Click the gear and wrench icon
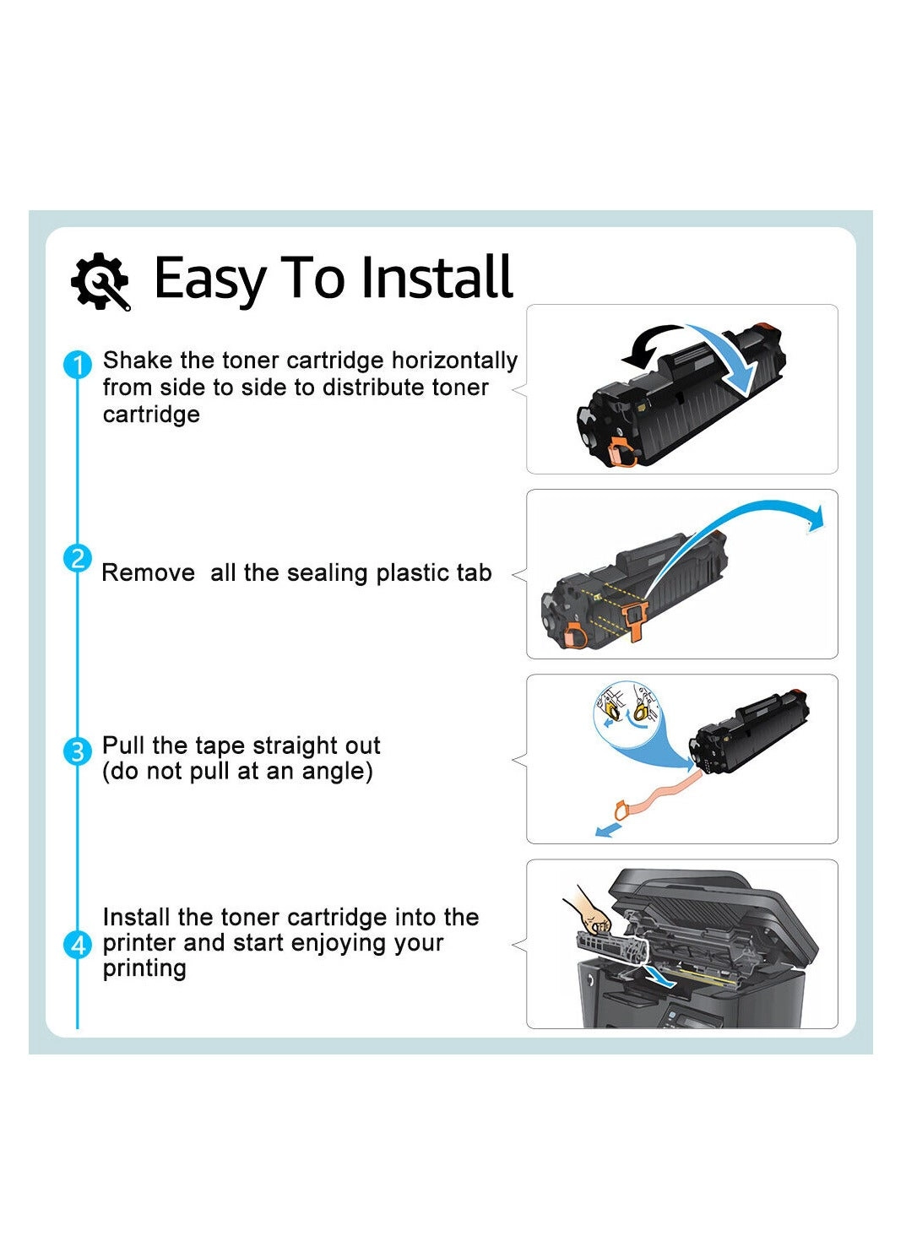[x=100, y=281]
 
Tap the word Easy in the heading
[x=210, y=281]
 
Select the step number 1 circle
[x=77, y=365]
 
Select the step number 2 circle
[x=77, y=558]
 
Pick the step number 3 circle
[x=77, y=751]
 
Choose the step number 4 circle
[x=77, y=946]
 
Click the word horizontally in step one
[x=454, y=361]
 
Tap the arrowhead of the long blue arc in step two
[x=816, y=518]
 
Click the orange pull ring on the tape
[x=621, y=811]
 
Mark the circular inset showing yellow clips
[x=627, y=713]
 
